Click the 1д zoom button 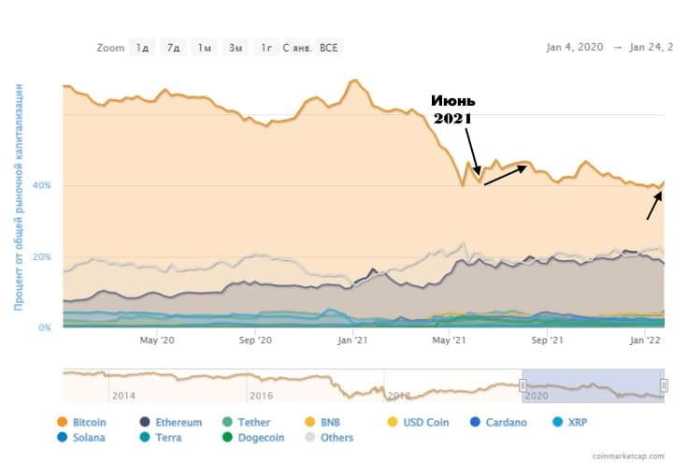point(143,47)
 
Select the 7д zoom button point(173,47)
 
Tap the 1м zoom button point(204,47)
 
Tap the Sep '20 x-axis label point(255,340)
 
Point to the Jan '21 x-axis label point(352,340)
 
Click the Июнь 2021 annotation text point(453,109)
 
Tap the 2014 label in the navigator point(122,396)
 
